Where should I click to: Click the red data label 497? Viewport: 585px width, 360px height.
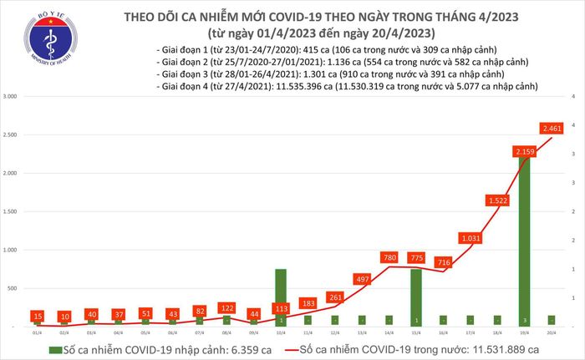[363, 278]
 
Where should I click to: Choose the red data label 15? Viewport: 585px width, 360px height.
[37, 315]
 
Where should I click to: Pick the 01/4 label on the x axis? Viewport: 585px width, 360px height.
[37, 332]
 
